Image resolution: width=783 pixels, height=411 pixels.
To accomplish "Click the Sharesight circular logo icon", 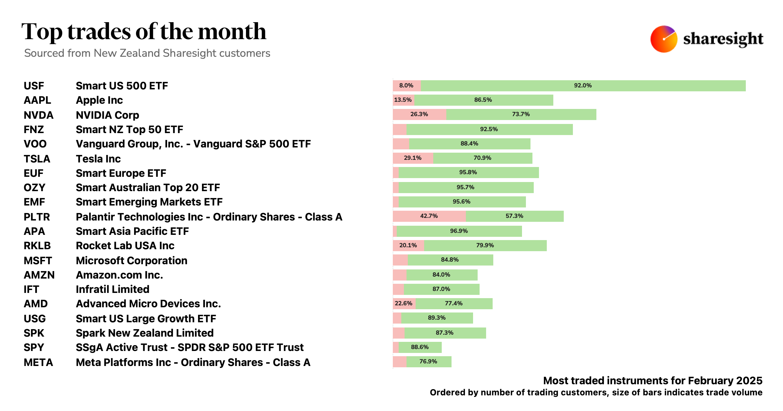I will pyautogui.click(x=664, y=39).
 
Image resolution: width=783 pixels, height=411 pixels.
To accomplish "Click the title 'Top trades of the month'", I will pyautogui.click(x=144, y=32).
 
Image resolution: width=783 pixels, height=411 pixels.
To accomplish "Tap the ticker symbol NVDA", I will pyautogui.click(x=38, y=115).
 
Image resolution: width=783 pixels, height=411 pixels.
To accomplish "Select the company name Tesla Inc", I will pyautogui.click(x=98, y=159).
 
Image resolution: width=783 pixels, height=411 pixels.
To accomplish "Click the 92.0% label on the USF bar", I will pyautogui.click(x=583, y=85).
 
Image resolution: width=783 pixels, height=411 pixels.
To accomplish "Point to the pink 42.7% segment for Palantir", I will pyautogui.click(x=429, y=216).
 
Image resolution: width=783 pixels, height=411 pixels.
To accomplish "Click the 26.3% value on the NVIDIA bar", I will pyautogui.click(x=419, y=114).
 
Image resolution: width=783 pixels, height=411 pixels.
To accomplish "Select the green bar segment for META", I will pyautogui.click(x=429, y=362).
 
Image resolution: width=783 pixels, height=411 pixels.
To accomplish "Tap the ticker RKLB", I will pyautogui.click(x=37, y=246).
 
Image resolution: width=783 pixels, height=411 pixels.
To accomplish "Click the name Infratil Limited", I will pyautogui.click(x=113, y=289).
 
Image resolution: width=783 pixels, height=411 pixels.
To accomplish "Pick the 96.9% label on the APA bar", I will pyautogui.click(x=459, y=231).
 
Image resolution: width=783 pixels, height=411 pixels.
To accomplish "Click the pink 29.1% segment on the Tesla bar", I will pyautogui.click(x=413, y=158).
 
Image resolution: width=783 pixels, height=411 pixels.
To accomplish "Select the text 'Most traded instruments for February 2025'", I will pyautogui.click(x=652, y=381).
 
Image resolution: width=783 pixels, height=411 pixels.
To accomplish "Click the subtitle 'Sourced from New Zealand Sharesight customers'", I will pyautogui.click(x=147, y=53).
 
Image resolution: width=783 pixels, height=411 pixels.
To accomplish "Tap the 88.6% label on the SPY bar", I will pyautogui.click(x=420, y=347).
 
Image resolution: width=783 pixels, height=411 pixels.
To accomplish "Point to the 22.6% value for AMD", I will pyautogui.click(x=404, y=303).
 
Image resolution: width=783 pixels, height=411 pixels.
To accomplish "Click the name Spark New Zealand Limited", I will pyautogui.click(x=145, y=333).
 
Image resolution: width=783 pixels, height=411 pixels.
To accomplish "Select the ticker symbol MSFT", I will pyautogui.click(x=38, y=261).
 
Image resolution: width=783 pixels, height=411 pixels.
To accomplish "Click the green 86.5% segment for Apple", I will pyautogui.click(x=483, y=100).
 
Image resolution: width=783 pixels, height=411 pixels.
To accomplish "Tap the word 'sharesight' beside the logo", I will pyautogui.click(x=723, y=39).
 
